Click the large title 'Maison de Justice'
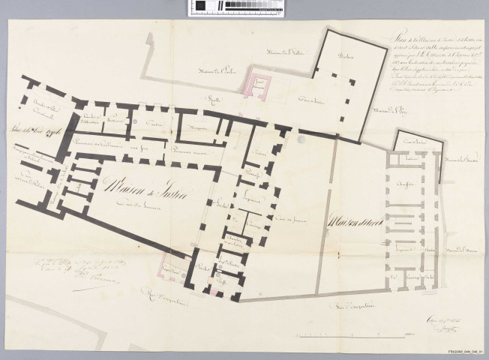(140, 183)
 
